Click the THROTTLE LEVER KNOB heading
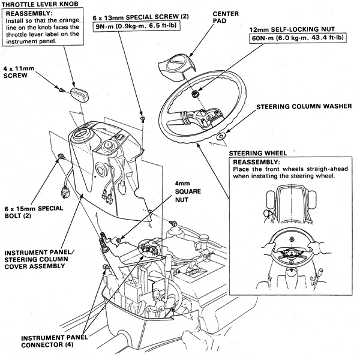point(39,5)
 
